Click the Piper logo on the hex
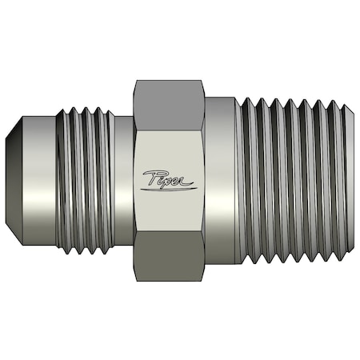(x=169, y=179)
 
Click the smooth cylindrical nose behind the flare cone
(x=40, y=179)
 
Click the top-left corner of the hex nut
(x=136, y=81)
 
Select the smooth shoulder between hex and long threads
(x=221, y=179)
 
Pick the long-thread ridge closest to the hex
(x=247, y=179)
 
